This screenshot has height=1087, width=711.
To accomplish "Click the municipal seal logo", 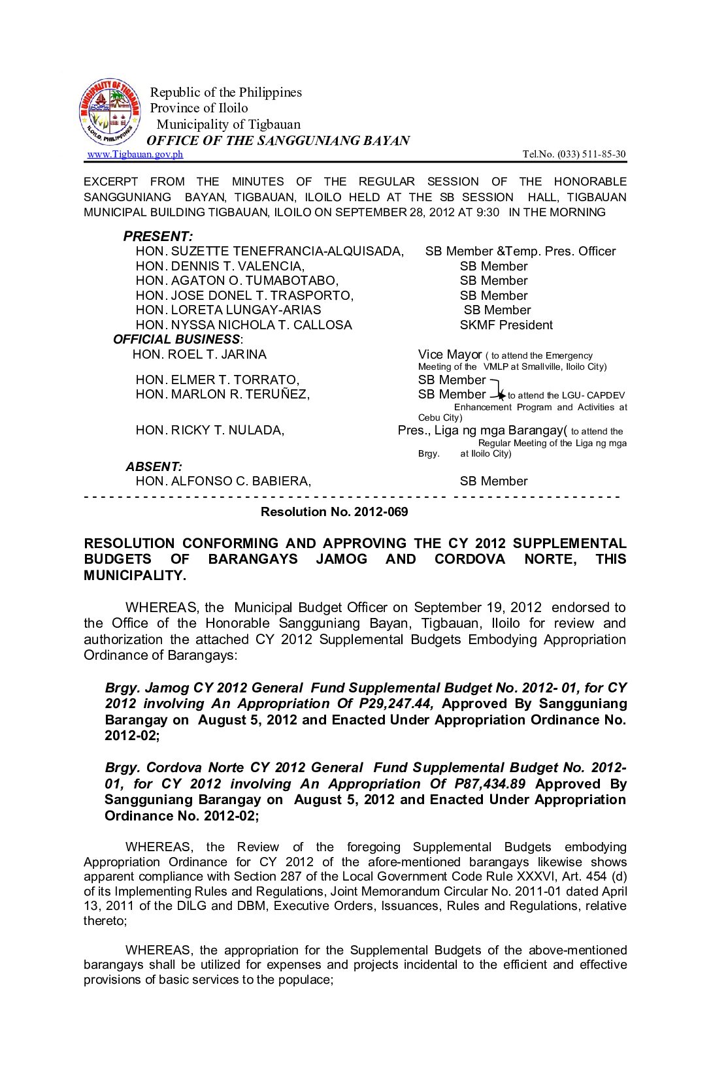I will click(109, 112).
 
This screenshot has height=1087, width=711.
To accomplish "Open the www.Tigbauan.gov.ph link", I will click(135, 154).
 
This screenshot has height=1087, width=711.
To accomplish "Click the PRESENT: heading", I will click(157, 236).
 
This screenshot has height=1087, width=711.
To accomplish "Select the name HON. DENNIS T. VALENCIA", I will click(220, 266).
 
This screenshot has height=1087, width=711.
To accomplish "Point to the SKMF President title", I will click(506, 325).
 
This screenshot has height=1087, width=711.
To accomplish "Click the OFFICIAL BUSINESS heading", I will click(176, 339).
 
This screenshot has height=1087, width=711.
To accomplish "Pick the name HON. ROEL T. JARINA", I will click(199, 354).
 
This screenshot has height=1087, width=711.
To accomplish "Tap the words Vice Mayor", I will click(450, 354).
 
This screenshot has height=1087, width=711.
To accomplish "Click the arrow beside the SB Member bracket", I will click(499, 394).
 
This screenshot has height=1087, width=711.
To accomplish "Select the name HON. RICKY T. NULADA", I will click(210, 430).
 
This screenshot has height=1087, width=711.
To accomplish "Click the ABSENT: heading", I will click(154, 466).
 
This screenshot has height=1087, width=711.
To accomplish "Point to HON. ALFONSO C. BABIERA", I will click(223, 481).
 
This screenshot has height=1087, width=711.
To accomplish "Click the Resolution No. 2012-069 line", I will click(334, 511).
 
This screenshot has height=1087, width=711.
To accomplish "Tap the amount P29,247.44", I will click(398, 704).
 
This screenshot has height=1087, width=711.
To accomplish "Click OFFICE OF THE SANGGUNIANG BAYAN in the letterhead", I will click(278, 140).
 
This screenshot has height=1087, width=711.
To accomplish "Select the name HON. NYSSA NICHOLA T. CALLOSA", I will click(243, 325).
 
